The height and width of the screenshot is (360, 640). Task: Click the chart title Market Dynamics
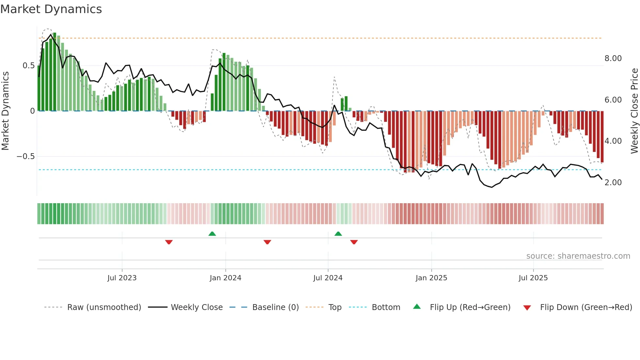click(x=51, y=9)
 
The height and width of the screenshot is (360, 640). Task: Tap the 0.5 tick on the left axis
click(x=28, y=66)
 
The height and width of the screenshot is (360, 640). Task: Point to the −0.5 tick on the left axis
click(x=25, y=156)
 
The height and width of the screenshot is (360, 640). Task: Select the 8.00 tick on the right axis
click(x=613, y=58)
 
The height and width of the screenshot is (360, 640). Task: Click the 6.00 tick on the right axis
click(x=613, y=100)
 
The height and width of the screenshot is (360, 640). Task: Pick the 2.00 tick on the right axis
click(x=613, y=183)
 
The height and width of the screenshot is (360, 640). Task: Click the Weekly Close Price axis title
click(x=634, y=111)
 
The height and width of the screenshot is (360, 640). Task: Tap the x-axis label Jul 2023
click(x=122, y=278)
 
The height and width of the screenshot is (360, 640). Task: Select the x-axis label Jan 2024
click(x=225, y=278)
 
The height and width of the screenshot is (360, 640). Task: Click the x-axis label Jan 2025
click(x=431, y=278)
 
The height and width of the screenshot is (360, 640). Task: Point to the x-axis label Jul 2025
click(x=533, y=278)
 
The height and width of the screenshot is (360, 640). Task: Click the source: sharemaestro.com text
click(x=578, y=256)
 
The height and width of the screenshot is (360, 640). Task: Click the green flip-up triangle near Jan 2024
click(x=212, y=234)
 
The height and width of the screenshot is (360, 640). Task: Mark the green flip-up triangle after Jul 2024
click(x=338, y=234)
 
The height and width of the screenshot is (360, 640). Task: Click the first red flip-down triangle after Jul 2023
click(x=169, y=242)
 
